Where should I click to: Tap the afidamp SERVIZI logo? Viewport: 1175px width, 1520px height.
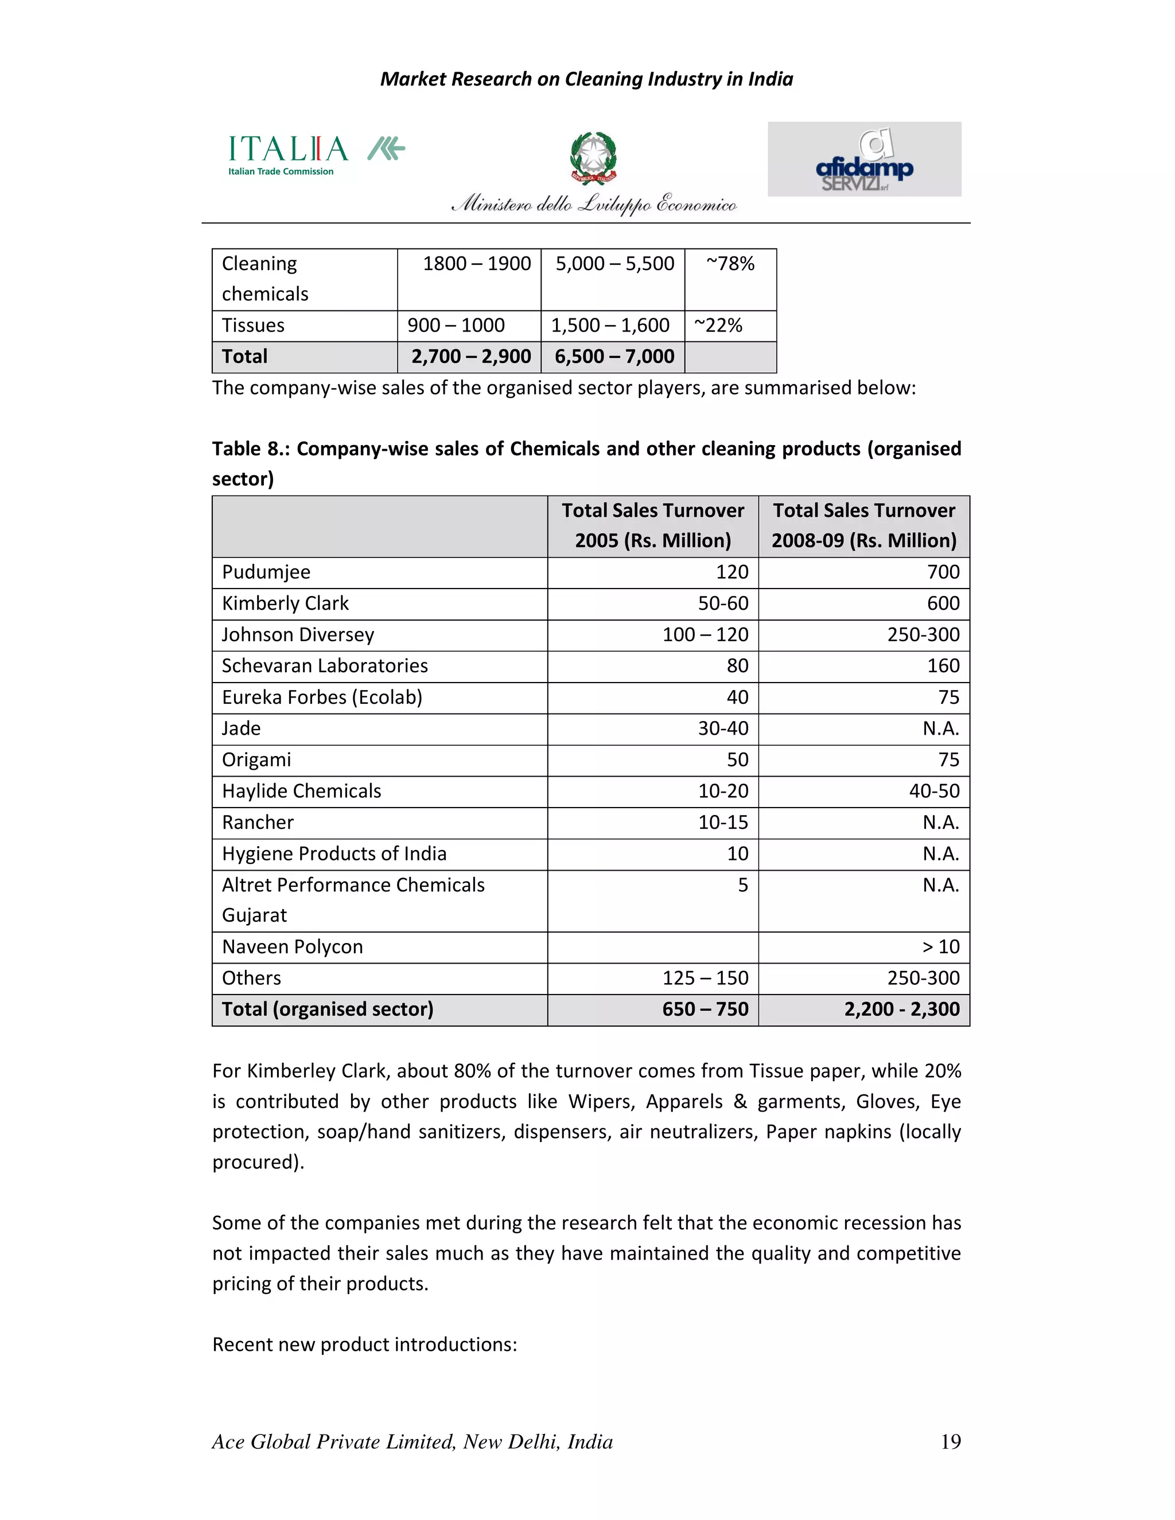pos(864,159)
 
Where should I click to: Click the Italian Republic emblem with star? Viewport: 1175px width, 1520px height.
pos(593,158)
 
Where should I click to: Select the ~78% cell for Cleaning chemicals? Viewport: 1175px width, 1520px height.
pos(730,264)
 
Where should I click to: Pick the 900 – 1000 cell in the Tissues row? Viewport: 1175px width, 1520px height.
pos(456,325)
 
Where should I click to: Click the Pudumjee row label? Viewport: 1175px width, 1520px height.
pos(266,572)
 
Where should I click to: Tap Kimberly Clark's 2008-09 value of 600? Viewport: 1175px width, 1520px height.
pos(943,603)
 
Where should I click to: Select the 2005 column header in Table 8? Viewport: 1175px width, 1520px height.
pos(652,525)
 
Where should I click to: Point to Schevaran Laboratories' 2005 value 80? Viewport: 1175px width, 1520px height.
pos(737,666)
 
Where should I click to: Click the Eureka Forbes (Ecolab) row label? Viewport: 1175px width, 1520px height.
pos(322,697)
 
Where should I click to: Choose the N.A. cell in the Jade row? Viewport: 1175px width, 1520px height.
pos(940,728)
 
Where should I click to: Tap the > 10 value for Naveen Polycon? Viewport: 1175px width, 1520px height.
pos(940,947)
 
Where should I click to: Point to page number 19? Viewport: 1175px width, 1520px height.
pos(950,1441)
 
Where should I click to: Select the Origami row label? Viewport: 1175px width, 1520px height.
pos(256,760)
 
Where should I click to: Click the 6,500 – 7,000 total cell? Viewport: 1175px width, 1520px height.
pos(614,357)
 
